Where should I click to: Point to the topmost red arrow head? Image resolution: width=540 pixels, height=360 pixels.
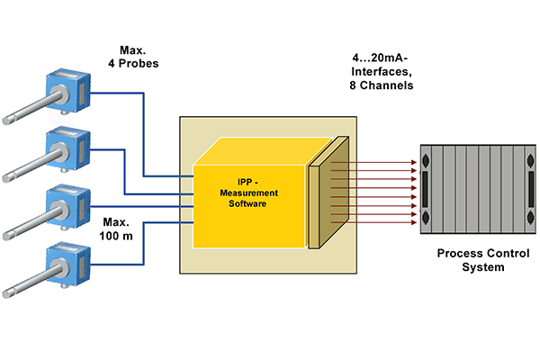coord(415,163)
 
